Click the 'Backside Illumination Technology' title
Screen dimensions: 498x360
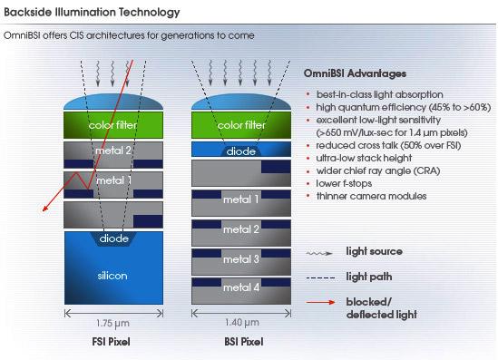click(x=92, y=13)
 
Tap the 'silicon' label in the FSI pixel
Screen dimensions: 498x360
click(x=112, y=276)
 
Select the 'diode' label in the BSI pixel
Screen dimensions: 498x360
click(x=241, y=151)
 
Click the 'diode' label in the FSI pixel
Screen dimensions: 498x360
click(x=114, y=238)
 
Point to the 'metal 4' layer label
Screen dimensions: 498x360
click(x=241, y=287)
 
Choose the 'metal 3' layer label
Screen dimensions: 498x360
click(x=241, y=259)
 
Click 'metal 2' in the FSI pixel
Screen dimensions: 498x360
click(x=113, y=151)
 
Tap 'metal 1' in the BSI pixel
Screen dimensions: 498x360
click(x=241, y=199)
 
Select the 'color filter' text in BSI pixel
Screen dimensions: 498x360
click(x=241, y=125)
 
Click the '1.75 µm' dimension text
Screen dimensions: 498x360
click(x=112, y=323)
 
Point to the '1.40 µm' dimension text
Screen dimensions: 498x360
click(x=242, y=323)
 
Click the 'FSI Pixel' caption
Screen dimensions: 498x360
click(x=112, y=342)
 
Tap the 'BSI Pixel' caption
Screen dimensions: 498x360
click(x=244, y=342)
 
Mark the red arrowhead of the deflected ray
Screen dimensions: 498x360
click(x=44, y=209)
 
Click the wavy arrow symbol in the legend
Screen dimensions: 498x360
click(x=319, y=253)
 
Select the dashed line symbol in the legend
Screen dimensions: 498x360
click(x=320, y=278)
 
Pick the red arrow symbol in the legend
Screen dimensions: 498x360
click(x=320, y=302)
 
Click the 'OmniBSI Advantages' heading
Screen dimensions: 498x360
click(x=355, y=73)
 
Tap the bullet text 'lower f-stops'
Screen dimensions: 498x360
click(x=344, y=183)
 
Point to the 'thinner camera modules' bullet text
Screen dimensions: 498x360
click(x=371, y=196)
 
